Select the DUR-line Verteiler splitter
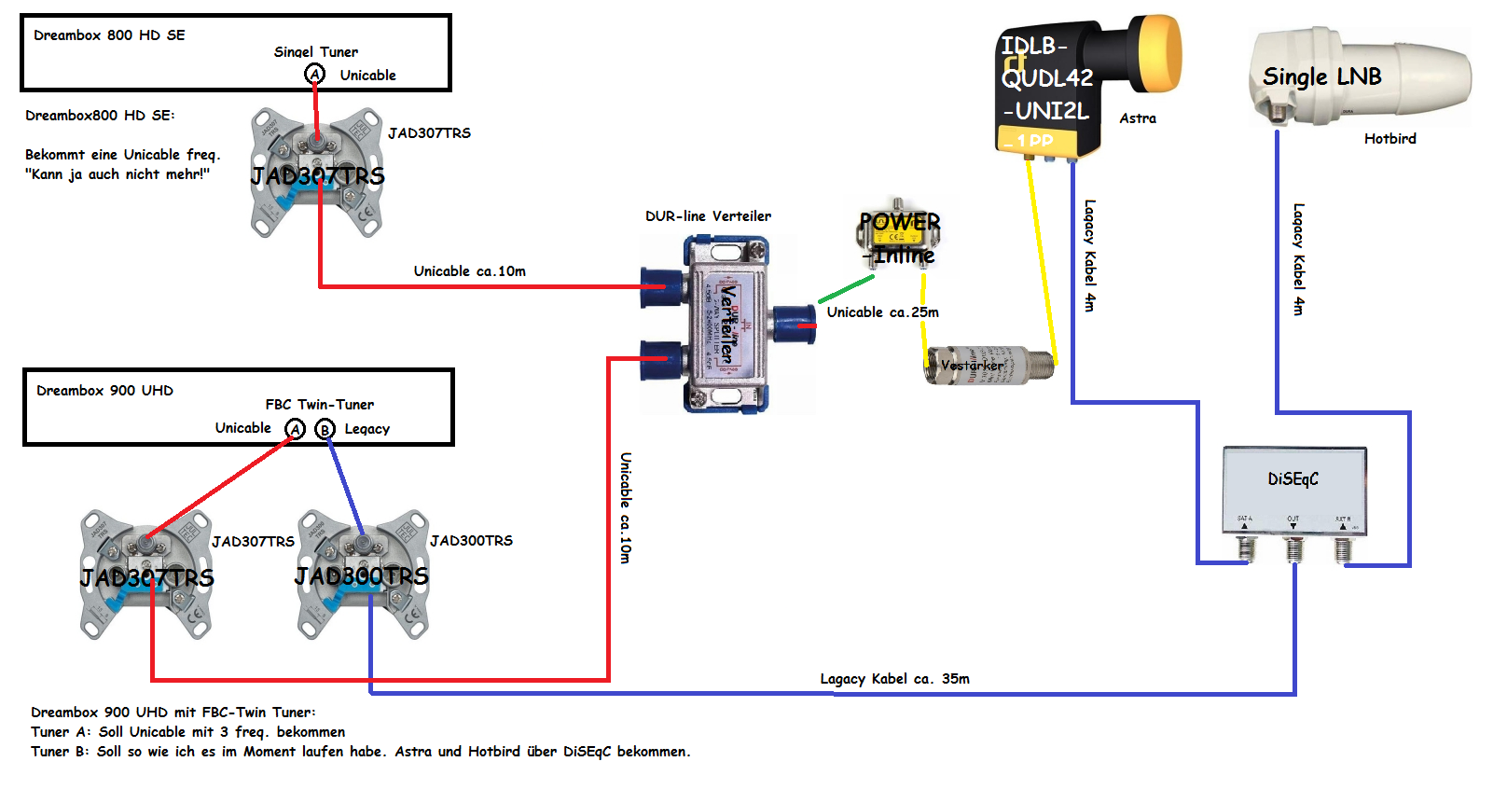coord(728,323)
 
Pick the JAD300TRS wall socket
coord(363,575)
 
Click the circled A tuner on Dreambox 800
coord(315,75)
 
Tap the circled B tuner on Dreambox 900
coord(325,429)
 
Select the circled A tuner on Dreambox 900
coord(296,429)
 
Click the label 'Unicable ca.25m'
coord(882,312)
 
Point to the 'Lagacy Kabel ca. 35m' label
coord(894,679)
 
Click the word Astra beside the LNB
coord(1138,118)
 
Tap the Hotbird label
coord(1389,139)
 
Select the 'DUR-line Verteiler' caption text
coord(708,216)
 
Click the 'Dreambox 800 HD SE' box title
coord(109,35)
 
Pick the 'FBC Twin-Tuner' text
coord(319,405)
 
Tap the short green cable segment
coord(847,289)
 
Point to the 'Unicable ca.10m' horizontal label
coord(469,271)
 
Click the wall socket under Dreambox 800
coord(317,173)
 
